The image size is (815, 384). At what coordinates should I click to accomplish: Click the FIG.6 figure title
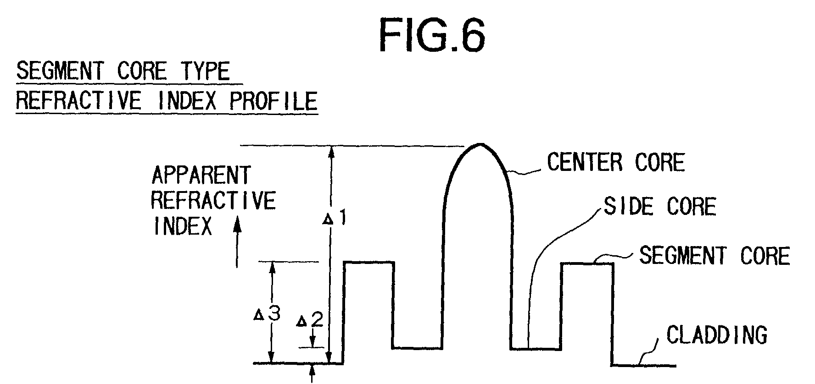432,35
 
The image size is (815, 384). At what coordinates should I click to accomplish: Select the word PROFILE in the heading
274,100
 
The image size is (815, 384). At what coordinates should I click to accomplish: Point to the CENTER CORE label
616,162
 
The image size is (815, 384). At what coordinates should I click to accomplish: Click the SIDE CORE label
659,206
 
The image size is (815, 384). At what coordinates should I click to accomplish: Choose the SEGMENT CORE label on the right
715,255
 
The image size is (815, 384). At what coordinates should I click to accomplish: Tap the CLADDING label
717,335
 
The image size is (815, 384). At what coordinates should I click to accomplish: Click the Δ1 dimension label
335,219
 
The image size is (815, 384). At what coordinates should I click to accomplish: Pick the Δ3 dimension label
268,315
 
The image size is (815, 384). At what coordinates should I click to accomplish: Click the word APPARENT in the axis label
201,175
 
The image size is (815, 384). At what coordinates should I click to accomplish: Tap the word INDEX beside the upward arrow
182,225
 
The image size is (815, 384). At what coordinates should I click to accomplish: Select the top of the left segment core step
368,263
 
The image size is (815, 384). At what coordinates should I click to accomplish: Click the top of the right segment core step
587,263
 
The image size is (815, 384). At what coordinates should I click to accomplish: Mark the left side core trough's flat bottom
417,348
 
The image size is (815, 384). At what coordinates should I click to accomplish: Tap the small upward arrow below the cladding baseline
313,373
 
